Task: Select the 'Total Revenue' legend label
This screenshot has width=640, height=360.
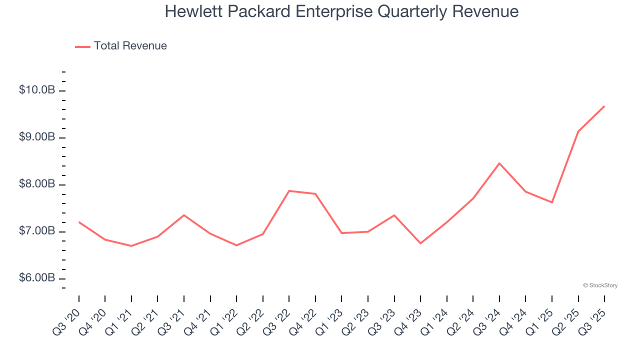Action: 130,46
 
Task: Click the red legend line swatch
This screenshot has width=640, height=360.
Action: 82,46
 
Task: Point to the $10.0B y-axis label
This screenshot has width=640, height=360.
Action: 37,90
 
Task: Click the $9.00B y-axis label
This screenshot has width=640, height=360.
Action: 37,137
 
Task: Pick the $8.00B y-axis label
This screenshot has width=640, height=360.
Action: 37,184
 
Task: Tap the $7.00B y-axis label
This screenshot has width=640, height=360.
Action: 37,231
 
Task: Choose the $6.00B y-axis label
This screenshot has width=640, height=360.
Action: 37,278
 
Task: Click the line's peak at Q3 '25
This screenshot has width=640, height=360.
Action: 604,106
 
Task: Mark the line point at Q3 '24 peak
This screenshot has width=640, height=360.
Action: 499,163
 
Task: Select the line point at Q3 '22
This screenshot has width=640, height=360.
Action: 289,190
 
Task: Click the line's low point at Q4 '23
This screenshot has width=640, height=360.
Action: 420,243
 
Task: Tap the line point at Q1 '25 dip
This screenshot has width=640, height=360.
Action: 552,202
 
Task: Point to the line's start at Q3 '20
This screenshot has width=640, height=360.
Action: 79,222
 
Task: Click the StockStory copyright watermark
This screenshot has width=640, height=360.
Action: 600,285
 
